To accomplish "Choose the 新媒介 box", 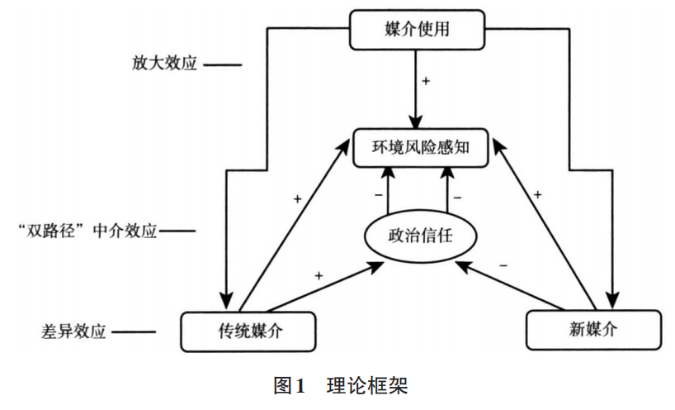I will point(593,330).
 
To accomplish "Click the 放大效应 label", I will point(164,64).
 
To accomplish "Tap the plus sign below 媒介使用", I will point(427,81).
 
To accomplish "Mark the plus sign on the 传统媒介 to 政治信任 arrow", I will point(319,274).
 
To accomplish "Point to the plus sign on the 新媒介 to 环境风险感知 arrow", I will point(537,194).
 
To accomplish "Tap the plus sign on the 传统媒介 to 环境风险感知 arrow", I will point(298,200).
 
